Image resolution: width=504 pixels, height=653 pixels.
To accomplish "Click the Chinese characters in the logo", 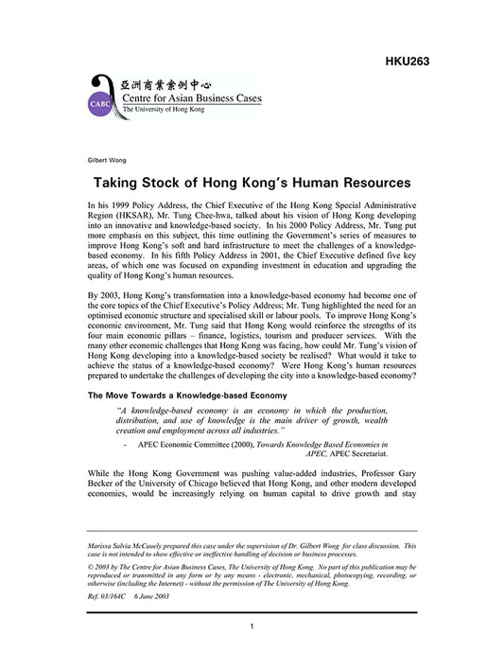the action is pos(176,82).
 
